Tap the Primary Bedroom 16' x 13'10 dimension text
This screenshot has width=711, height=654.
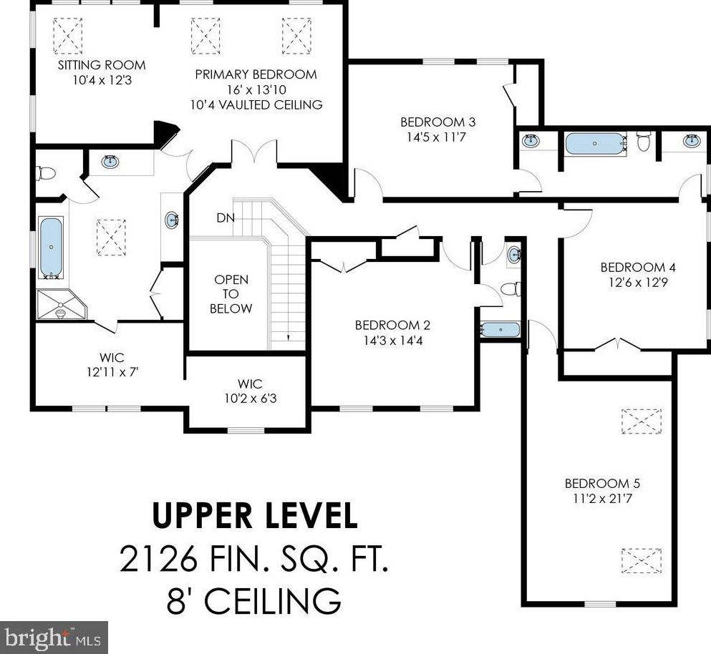pos(256,89)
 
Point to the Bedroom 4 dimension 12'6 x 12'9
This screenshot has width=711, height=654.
pos(638,283)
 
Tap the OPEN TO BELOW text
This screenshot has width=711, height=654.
pos(231,293)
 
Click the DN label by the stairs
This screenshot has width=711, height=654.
pos(226,218)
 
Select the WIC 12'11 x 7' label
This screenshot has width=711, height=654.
pos(112,365)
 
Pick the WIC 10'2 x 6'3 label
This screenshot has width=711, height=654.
pos(251,391)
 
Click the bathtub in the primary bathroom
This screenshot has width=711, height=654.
pos(52,248)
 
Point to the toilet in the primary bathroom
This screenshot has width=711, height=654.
pos(45,173)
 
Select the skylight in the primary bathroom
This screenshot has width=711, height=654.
pos(111,238)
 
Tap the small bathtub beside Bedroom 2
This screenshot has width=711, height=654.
pos(500,329)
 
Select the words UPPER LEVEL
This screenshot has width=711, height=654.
pos(255,516)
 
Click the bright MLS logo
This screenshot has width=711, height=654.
pos(54,638)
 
